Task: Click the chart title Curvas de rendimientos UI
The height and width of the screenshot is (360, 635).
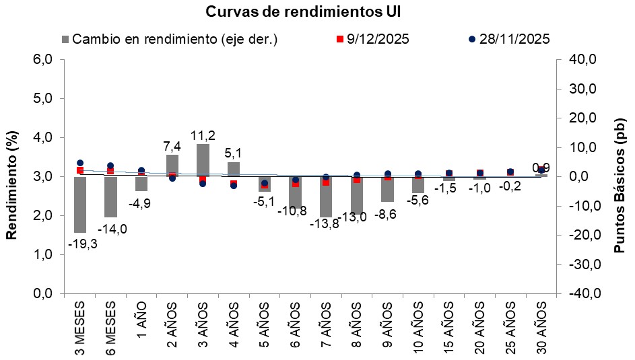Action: point(306,12)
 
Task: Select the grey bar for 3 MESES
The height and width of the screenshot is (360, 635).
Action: point(80,205)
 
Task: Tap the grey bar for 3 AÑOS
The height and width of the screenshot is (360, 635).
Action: point(203,160)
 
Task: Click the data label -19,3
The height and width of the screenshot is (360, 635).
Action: point(83,244)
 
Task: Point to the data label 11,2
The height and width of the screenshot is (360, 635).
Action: point(203,135)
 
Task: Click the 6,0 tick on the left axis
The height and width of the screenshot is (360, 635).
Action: point(42,60)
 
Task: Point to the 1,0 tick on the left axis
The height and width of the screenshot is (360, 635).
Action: point(42,255)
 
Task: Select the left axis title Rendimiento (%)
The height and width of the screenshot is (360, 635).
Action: point(11,176)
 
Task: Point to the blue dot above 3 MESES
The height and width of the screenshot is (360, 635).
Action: point(80,163)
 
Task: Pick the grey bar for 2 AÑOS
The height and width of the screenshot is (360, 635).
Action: point(172,166)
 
